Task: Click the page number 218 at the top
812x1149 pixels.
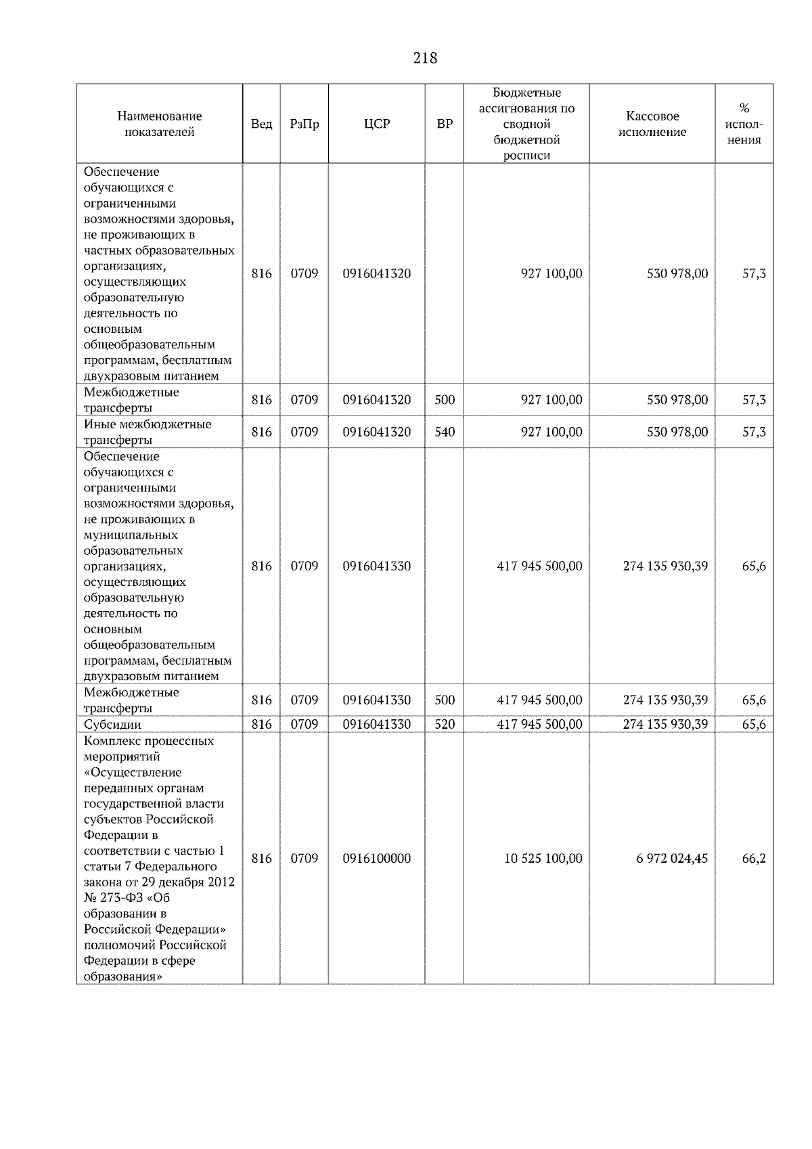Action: click(x=425, y=58)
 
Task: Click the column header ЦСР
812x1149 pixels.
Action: click(x=376, y=124)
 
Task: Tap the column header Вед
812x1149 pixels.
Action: click(x=261, y=124)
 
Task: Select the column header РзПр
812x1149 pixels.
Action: click(x=304, y=124)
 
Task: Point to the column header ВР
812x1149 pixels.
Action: click(x=444, y=124)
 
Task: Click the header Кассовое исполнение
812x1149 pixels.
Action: click(x=652, y=124)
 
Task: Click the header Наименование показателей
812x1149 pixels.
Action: click(x=159, y=124)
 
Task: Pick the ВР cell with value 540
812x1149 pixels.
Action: click(x=444, y=432)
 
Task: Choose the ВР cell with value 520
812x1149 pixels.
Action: click(x=444, y=724)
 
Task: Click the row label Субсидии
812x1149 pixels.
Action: click(x=112, y=724)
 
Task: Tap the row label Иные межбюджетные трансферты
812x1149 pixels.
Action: click(x=147, y=432)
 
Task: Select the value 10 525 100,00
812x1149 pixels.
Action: click(x=543, y=858)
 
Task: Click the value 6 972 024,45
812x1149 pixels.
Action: click(x=671, y=858)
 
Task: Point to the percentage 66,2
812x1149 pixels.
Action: click(x=754, y=858)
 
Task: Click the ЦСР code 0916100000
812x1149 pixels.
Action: click(x=376, y=858)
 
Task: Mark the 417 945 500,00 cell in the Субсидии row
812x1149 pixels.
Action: click(x=539, y=724)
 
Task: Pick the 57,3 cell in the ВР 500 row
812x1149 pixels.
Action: click(x=754, y=400)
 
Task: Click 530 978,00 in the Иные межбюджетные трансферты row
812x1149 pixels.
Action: click(x=677, y=432)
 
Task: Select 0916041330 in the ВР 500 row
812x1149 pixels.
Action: click(x=376, y=700)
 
